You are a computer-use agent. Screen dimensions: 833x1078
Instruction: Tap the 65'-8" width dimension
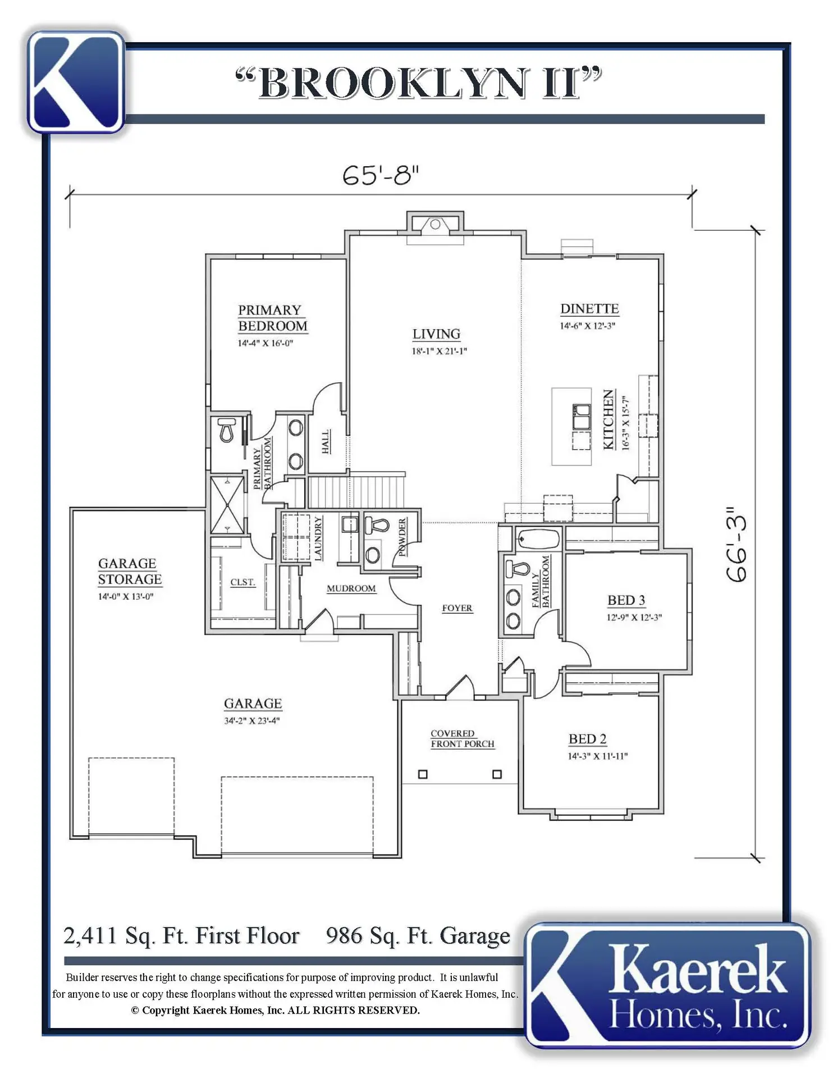pos(381,175)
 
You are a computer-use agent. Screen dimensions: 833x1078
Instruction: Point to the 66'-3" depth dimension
pos(736,543)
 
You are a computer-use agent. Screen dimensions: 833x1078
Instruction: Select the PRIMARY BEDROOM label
pos(273,318)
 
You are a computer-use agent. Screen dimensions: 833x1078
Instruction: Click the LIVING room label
pos(436,334)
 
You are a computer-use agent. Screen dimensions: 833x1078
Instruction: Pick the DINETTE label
pos(589,309)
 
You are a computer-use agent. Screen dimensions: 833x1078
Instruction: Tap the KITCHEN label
pos(608,419)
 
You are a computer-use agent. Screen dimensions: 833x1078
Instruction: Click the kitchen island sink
pos(581,417)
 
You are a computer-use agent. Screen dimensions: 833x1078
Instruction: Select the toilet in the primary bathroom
pos(227,430)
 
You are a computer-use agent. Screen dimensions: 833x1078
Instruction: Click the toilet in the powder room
pos(377,526)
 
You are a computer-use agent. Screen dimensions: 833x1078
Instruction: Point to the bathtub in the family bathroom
pos(538,539)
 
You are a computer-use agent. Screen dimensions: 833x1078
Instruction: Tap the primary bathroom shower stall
pos(227,505)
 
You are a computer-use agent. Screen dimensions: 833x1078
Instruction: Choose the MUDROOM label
pos(351,588)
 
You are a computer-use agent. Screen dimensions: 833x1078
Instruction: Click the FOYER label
pos(457,608)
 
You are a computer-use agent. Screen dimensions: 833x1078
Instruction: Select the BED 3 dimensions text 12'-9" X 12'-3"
pos(634,617)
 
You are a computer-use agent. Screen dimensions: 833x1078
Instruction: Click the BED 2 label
pos(588,739)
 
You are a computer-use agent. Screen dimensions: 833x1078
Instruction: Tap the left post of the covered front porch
pos(423,774)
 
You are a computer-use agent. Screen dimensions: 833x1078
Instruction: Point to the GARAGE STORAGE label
pos(130,571)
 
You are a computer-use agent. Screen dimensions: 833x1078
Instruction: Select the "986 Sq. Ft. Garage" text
pos(418,936)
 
